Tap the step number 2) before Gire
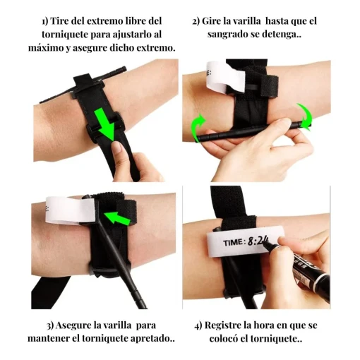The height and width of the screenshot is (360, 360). [197, 21]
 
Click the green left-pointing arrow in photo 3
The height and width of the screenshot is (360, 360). [120, 221]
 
